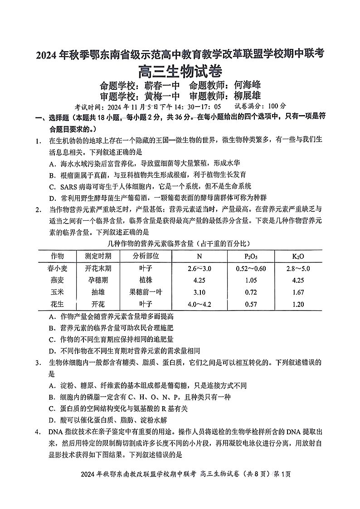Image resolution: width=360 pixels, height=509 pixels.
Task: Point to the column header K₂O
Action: point(298,256)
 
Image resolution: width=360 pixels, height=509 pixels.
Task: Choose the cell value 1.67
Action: point(298,292)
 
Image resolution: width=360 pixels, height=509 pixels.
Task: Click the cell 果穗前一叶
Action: point(146,292)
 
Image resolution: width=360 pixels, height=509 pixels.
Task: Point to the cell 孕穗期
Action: point(98,280)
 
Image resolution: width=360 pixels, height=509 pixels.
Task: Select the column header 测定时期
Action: point(98,256)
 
